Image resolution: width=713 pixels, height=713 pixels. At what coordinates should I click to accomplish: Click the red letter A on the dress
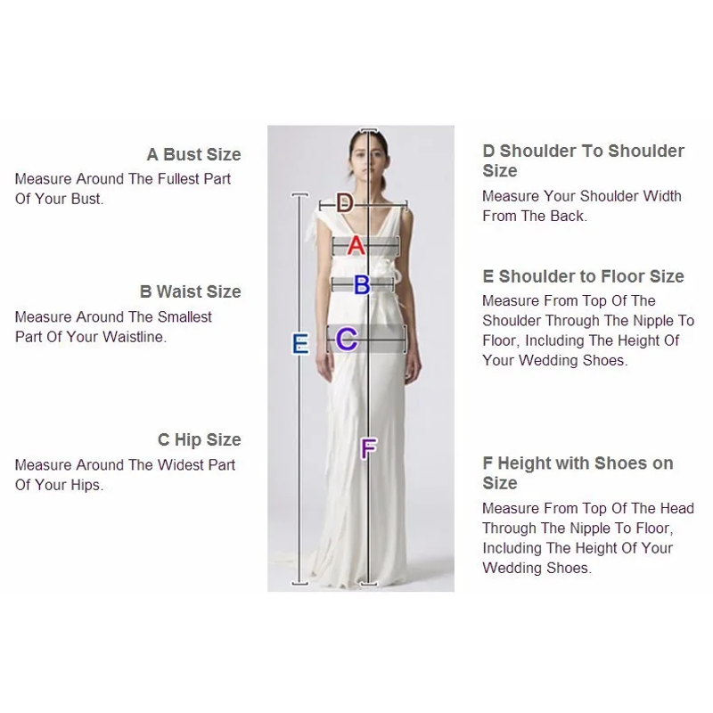pos(356,246)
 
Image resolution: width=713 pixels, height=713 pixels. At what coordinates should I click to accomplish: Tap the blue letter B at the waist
pos(362,285)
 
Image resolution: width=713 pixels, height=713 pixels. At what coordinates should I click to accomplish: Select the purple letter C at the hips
pos(347,340)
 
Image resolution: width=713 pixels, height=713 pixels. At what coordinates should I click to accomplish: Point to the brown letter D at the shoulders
pos(345,203)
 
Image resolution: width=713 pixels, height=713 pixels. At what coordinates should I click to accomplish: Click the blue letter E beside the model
pos(300,343)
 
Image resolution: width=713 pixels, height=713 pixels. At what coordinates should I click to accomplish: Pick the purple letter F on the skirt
pos(368,448)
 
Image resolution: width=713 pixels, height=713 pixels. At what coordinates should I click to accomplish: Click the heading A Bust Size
pos(193,154)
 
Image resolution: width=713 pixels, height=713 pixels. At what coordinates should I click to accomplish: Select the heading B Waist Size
pos(191,291)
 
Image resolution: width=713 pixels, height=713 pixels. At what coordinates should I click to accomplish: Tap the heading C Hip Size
pos(199,439)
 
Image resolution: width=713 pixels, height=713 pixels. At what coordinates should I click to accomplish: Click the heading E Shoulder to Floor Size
pos(584,276)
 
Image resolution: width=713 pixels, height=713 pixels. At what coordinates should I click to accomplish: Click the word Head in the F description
pos(677,508)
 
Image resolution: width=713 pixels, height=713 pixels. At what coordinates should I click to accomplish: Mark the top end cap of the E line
pos(300,195)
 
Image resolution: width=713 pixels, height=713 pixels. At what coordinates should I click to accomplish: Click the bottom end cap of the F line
pos(369,584)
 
